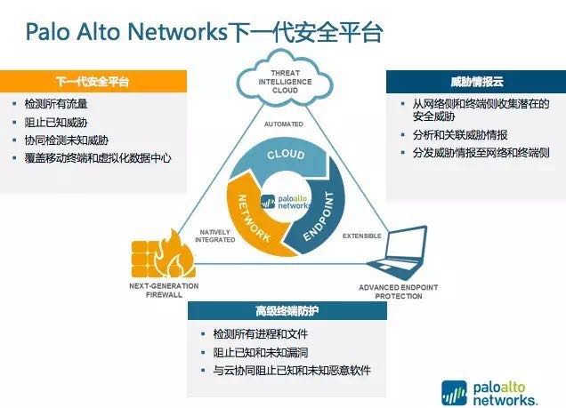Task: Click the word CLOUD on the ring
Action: [x=285, y=156]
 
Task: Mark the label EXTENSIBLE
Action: [x=361, y=236]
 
